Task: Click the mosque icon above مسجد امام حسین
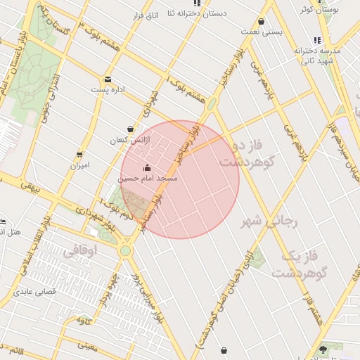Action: coord(146,167)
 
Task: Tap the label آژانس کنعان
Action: coord(124,141)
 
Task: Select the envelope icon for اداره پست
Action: coord(108,79)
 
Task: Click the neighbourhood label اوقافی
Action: coord(89,250)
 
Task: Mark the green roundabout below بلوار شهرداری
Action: coord(125,250)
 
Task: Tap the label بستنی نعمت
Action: coord(261,32)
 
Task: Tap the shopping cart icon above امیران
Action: coord(79,154)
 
